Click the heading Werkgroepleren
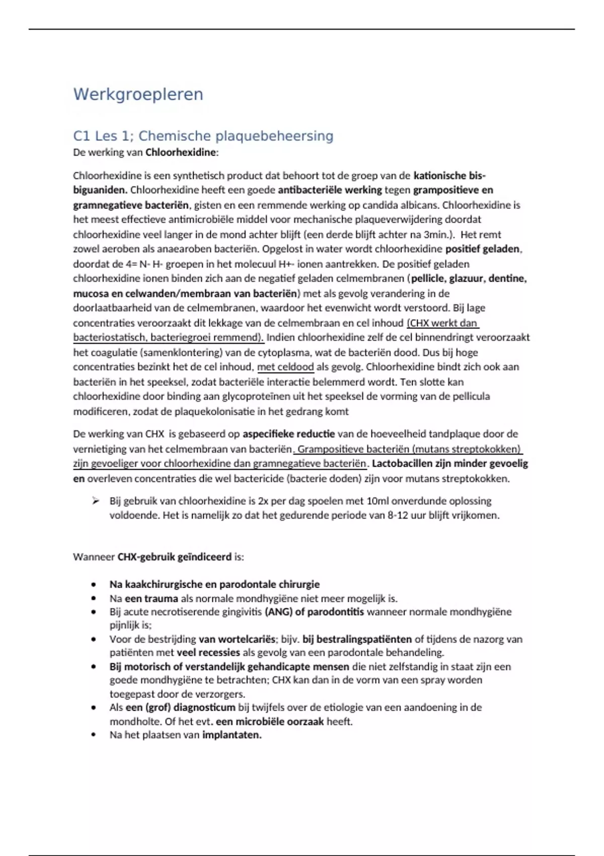[138, 95]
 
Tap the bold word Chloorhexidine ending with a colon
[182, 152]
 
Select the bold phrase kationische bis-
[449, 176]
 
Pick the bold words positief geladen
[483, 249]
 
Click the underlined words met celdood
[285, 367]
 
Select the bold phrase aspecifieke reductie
[288, 434]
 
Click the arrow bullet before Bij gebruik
[96, 501]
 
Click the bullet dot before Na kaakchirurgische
[94, 585]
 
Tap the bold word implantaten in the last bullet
[232, 735]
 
